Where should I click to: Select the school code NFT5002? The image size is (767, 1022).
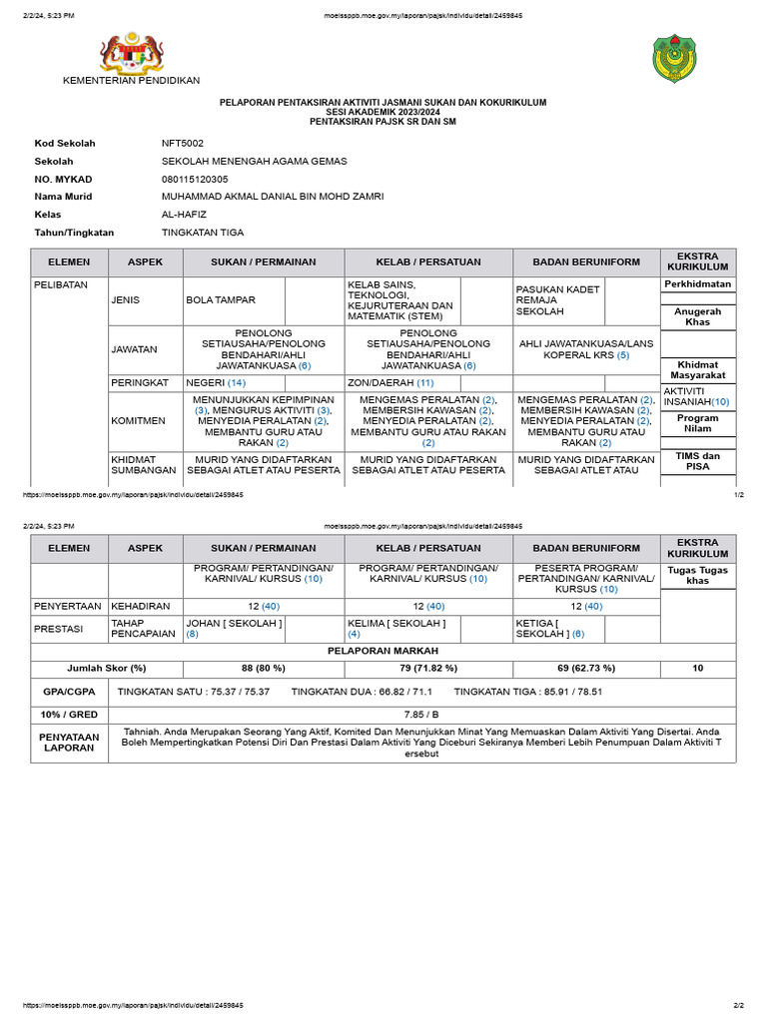[183, 143]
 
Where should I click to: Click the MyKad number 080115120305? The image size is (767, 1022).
[195, 179]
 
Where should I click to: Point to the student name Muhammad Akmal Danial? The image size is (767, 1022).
[273, 197]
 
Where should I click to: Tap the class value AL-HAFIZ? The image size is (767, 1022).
[185, 215]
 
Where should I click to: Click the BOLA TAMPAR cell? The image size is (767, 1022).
[221, 299]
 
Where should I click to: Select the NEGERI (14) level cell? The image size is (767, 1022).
[216, 382]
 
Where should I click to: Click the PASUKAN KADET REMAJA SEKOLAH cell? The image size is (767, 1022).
[557, 299]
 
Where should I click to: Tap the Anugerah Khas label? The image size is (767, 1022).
[698, 317]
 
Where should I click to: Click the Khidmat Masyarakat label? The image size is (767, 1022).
[698, 370]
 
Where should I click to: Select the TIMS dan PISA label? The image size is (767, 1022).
[698, 461]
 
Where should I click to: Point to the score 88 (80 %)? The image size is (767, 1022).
[264, 668]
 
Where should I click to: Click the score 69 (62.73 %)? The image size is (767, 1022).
[583, 668]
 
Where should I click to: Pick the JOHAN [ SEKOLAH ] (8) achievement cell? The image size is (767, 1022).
[234, 628]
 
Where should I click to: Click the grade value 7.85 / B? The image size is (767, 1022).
[421, 714]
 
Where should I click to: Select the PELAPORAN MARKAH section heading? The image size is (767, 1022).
[383, 650]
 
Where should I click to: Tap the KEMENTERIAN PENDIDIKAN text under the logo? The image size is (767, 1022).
[131, 81]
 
